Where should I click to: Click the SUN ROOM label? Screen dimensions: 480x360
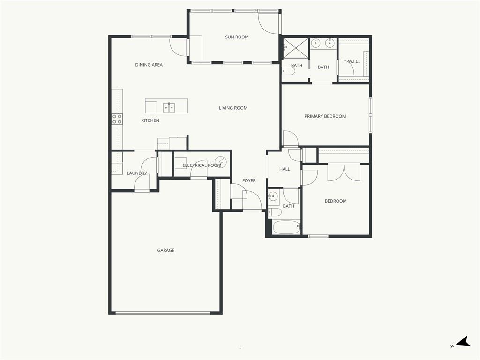(x=237, y=37)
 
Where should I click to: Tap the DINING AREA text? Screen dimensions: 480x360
(x=149, y=65)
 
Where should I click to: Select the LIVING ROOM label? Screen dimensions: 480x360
(x=233, y=108)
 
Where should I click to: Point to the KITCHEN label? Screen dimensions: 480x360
(x=150, y=120)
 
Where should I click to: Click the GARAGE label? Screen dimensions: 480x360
(x=165, y=250)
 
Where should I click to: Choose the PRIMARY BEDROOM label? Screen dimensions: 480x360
(x=325, y=116)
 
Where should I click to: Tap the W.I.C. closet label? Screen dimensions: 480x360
(x=353, y=61)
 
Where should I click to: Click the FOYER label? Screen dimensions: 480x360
(x=249, y=180)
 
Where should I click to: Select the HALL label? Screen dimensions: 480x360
(x=285, y=169)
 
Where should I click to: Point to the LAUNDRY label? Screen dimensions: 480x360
(x=137, y=173)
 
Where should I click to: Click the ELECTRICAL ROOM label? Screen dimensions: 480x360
(x=202, y=165)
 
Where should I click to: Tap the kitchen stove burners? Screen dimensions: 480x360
(x=117, y=119)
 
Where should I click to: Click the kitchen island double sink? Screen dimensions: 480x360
(x=169, y=107)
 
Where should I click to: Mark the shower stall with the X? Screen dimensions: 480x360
(x=295, y=48)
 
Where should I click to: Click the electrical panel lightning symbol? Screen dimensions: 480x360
(x=220, y=162)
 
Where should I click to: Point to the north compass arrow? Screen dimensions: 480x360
(x=463, y=341)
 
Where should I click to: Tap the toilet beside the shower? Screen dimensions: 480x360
(x=288, y=71)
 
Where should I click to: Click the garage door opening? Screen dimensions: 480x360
(x=163, y=313)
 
